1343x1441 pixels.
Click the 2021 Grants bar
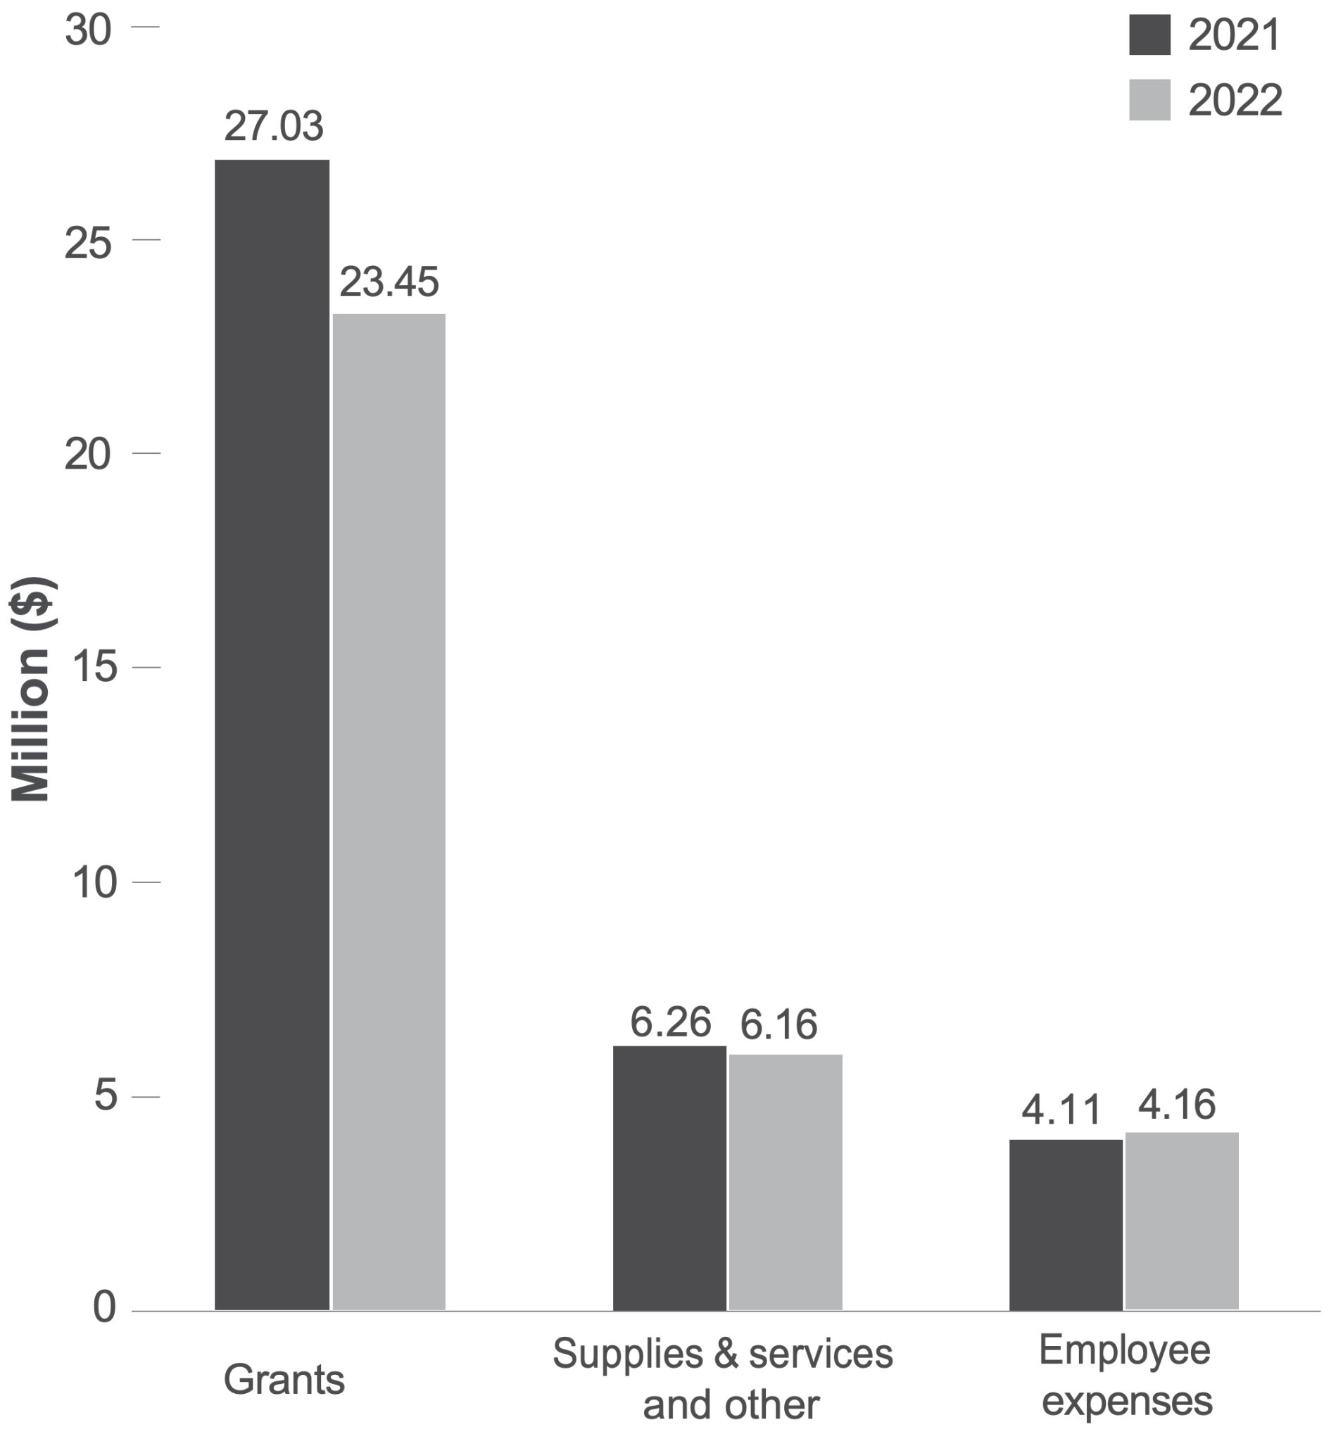coord(272,732)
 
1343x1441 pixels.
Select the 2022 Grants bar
coord(389,812)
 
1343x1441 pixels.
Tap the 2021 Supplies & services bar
coord(669,1178)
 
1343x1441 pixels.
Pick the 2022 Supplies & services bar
coord(785,1181)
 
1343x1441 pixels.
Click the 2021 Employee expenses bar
coord(1065,1225)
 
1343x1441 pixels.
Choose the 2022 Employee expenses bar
coord(1181,1221)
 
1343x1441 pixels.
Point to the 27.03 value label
coord(273,127)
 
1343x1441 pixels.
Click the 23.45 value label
coord(389,282)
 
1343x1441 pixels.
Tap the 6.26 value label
coord(669,1023)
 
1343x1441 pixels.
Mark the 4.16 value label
coord(1176,1105)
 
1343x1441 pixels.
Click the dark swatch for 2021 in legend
coord(1149,34)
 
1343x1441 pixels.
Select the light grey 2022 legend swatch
coord(1149,100)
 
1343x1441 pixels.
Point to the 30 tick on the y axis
coord(88,30)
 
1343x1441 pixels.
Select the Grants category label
coord(284,1379)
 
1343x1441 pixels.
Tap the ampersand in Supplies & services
coord(725,1354)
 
